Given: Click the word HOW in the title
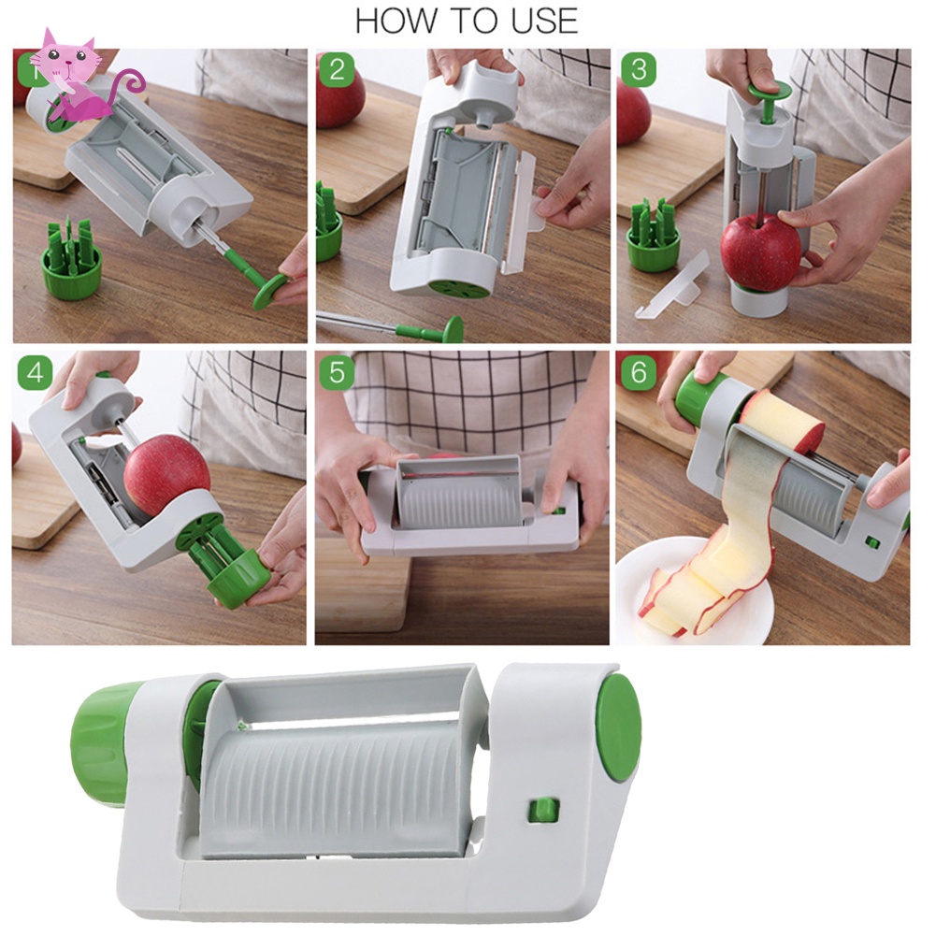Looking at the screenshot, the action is pyautogui.click(x=395, y=22).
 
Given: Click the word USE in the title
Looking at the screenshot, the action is pyautogui.click(x=544, y=22).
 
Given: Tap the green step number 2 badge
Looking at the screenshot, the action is pyautogui.click(x=337, y=69).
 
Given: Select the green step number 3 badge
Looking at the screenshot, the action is pyautogui.click(x=639, y=69).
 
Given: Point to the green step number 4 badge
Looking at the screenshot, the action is pyautogui.click(x=35, y=372).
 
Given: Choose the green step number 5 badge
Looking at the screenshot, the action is pyautogui.click(x=337, y=372).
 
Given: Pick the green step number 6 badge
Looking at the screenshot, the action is pyautogui.click(x=639, y=372).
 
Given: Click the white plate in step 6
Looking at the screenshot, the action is pyautogui.click(x=693, y=591).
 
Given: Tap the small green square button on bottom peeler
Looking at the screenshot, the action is pyautogui.click(x=543, y=810).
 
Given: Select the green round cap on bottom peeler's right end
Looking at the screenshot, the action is pyautogui.click(x=619, y=728).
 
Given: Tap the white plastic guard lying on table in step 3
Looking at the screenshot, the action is pyautogui.click(x=673, y=285).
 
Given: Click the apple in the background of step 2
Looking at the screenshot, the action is pyautogui.click(x=339, y=95).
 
